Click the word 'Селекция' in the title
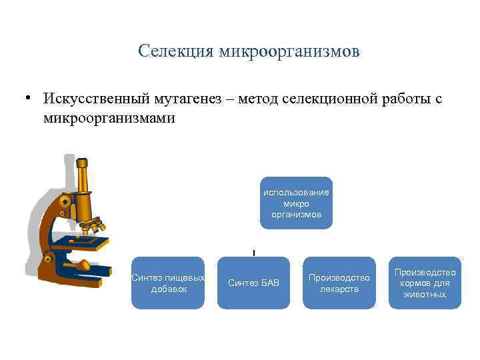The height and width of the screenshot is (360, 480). click(x=175, y=51)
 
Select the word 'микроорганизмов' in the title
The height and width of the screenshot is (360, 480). click(x=288, y=51)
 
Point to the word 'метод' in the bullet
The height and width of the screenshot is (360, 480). click(x=249, y=99)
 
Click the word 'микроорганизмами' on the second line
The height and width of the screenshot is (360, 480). click(x=109, y=118)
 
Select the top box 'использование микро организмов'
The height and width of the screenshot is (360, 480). click(x=296, y=203)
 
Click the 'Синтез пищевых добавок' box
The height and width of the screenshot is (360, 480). click(x=167, y=283)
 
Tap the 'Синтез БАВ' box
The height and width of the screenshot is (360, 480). click(x=253, y=283)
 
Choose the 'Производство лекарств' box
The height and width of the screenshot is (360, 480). click(x=339, y=283)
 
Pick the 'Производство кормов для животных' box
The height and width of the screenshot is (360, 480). click(x=425, y=283)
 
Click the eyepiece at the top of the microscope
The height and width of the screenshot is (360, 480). click(x=82, y=164)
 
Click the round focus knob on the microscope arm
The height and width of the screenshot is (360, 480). click(x=65, y=201)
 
